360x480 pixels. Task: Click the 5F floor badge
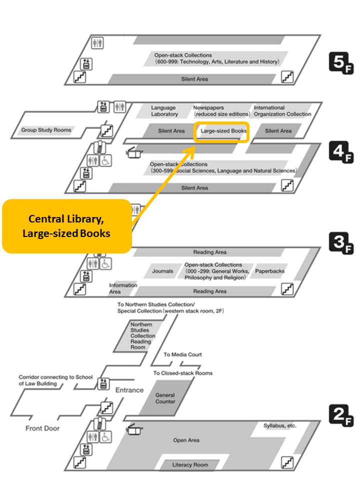coord(341,63)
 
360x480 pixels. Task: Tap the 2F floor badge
coord(341,415)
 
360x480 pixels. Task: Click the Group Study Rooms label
coord(46,130)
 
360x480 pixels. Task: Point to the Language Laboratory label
coord(164,111)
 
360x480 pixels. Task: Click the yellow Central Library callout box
coord(67,226)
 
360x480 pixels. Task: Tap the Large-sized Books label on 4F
coord(223,131)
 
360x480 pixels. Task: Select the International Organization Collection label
coord(282,111)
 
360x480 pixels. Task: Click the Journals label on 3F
coord(162,271)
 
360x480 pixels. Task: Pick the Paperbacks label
coord(269,271)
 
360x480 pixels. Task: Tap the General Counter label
coord(165,398)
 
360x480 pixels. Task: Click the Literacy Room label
coord(190,464)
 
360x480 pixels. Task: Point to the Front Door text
coord(42,428)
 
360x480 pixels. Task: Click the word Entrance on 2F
coord(129,390)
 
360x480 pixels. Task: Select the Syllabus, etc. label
coord(280,425)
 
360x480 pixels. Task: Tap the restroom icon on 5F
coord(97,42)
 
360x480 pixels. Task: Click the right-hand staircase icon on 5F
coord(287,77)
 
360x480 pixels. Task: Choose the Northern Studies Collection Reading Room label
coord(142,336)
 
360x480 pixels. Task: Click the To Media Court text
coord(183,354)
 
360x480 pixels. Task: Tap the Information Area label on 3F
coord(123,288)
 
